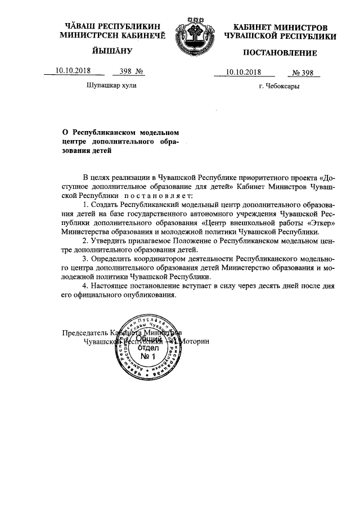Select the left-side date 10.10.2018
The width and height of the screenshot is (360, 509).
point(73,71)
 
